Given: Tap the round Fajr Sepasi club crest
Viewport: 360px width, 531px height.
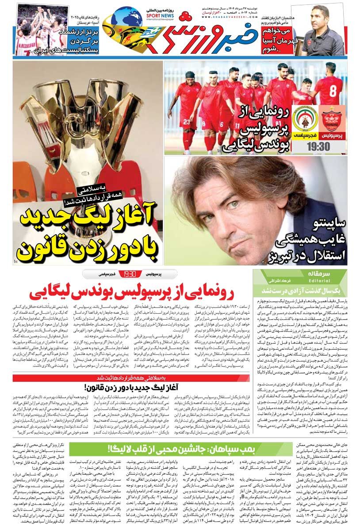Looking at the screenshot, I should [x=303, y=119].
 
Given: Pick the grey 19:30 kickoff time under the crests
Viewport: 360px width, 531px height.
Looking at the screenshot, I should [x=317, y=146].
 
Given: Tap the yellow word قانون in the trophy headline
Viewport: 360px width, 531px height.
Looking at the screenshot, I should [x=42, y=250].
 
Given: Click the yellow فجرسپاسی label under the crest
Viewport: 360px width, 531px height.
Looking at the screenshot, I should [x=303, y=134].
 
